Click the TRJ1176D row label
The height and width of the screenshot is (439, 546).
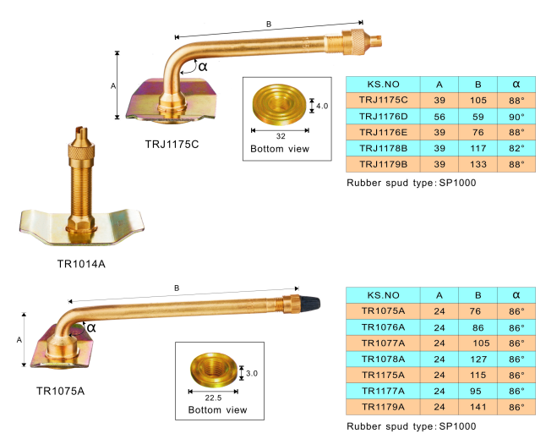click(383, 115)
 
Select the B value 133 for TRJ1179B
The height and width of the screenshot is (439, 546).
click(478, 163)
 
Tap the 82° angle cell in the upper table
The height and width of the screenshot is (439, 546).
click(516, 147)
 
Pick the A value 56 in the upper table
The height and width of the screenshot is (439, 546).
click(440, 115)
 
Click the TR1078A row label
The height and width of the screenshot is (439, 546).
click(383, 359)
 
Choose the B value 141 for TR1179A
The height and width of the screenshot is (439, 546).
click(478, 406)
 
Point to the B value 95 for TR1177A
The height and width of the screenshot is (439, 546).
click(478, 390)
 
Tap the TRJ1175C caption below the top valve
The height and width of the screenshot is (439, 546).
click(172, 143)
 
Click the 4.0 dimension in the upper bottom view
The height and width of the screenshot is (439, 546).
click(322, 106)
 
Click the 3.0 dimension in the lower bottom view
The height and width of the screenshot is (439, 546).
click(252, 370)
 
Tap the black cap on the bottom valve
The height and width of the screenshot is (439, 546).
click(308, 302)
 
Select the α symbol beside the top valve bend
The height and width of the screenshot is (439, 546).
click(202, 65)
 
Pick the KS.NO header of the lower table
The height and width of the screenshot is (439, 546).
click(383, 294)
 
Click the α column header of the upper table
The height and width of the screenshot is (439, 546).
click(516, 84)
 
